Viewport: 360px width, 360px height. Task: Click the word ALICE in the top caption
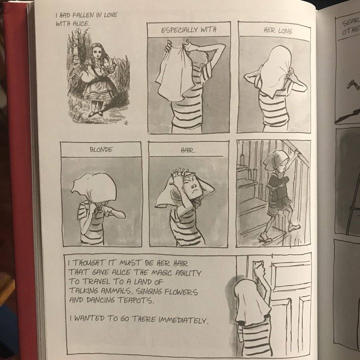(x=80, y=24)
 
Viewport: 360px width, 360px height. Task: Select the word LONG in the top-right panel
(x=285, y=31)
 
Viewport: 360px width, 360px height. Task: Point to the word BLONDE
(x=101, y=150)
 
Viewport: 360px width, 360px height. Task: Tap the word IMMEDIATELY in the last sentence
(x=184, y=319)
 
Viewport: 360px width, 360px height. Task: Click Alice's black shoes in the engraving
(x=96, y=114)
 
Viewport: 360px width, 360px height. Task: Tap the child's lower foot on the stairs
(x=266, y=237)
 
